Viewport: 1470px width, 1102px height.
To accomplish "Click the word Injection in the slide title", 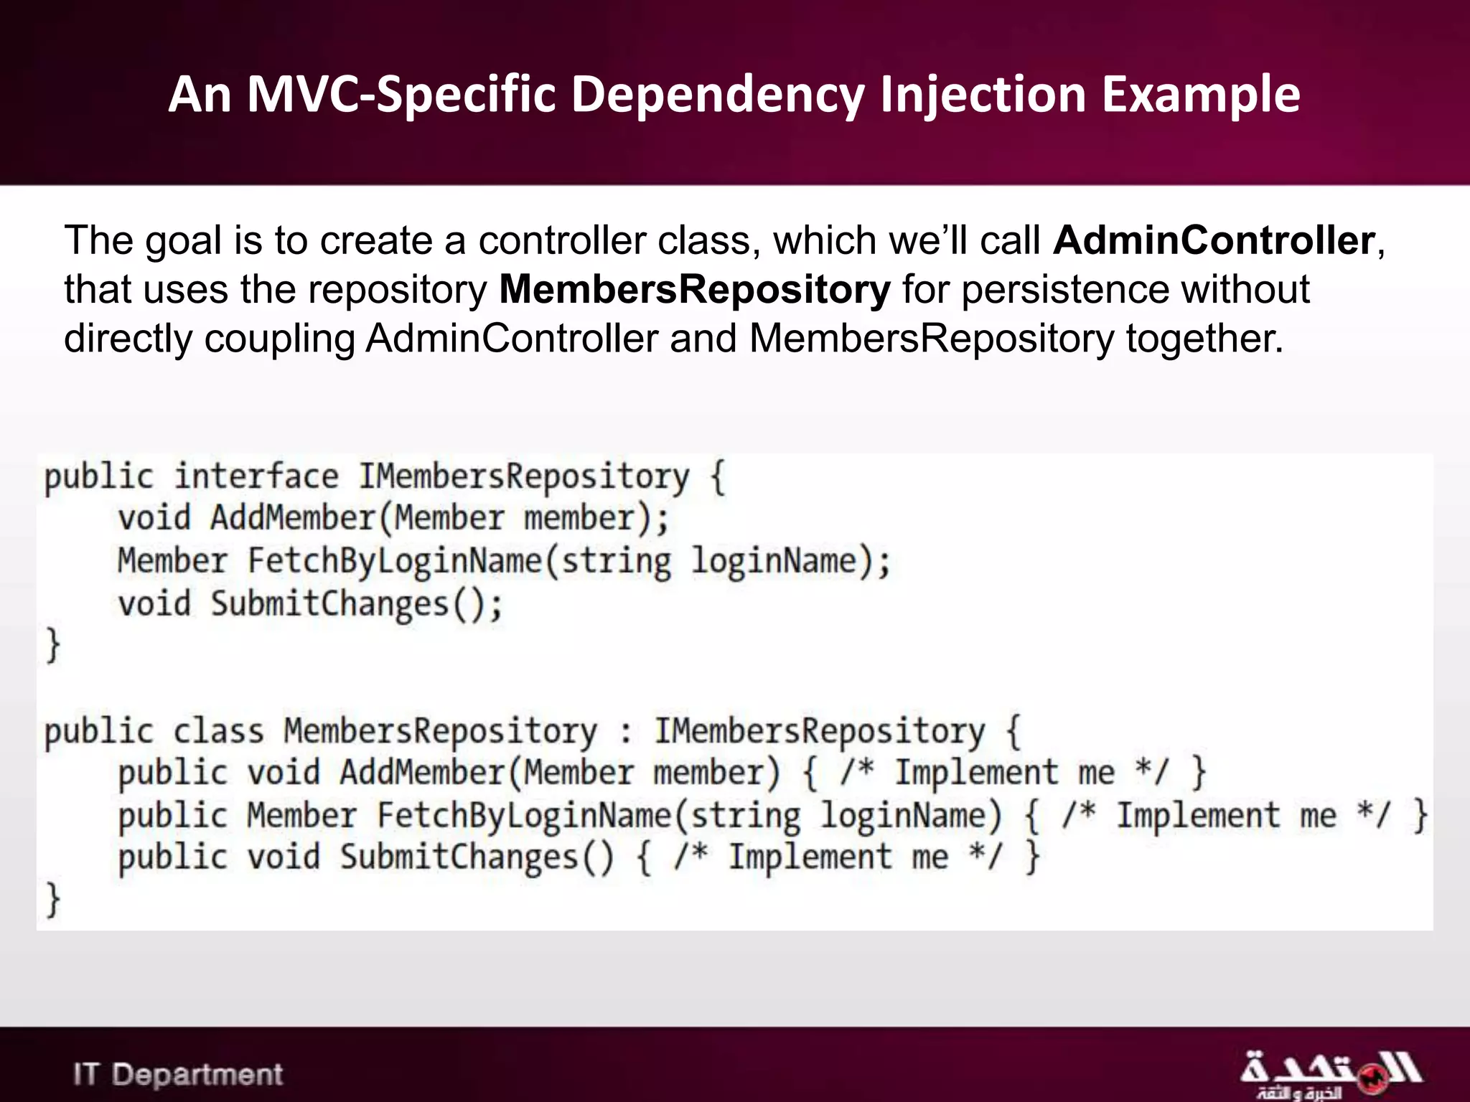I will point(983,95).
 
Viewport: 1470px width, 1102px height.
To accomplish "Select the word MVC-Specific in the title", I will point(401,95).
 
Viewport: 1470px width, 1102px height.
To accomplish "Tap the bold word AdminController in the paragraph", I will point(1214,240).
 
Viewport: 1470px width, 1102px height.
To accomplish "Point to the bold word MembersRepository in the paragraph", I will point(694,289).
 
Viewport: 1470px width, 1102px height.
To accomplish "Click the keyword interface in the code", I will point(256,477).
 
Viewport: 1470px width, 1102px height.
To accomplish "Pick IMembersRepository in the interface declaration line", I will point(523,477).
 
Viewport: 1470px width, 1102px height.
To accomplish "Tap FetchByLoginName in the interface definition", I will point(394,561).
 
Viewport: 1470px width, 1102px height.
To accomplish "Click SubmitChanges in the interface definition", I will point(329,604).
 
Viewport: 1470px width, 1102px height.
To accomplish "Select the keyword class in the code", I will point(218,732).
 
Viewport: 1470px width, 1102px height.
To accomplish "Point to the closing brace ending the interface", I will point(52,646).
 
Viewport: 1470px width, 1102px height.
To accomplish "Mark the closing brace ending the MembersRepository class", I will point(52,900).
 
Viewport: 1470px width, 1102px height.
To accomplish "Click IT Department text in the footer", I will point(178,1074).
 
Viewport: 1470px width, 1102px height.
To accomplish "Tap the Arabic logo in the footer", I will point(1329,1074).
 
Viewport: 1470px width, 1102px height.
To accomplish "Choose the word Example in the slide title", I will point(1200,95).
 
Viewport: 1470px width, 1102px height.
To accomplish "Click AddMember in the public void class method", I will point(423,773).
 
